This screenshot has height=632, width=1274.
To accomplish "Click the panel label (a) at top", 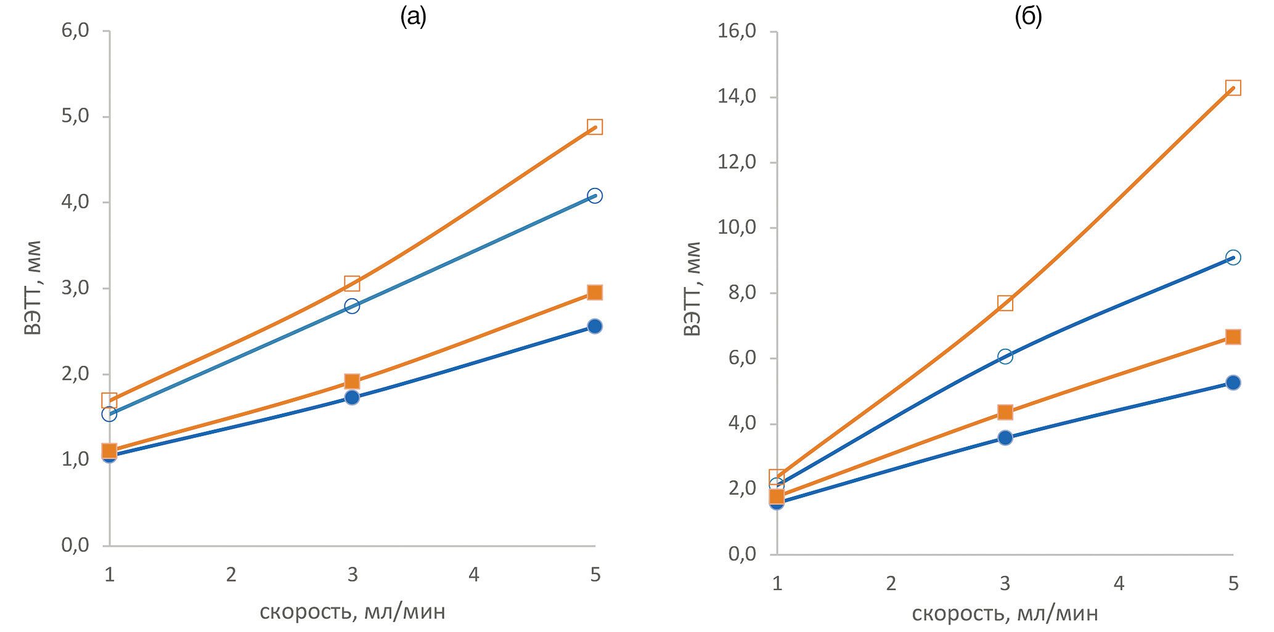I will [413, 17].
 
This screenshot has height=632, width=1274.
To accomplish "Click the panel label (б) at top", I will [1028, 17].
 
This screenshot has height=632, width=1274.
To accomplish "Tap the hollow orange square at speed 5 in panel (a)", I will [594, 127].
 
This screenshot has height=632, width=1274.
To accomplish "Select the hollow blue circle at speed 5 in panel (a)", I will [594, 196].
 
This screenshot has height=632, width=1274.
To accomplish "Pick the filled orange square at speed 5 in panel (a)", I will [594, 292].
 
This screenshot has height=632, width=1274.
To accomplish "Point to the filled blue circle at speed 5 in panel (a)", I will [594, 326].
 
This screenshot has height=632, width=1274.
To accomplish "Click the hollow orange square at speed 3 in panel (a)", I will [352, 283].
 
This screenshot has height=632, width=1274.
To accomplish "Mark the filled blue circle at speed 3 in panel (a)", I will [352, 397].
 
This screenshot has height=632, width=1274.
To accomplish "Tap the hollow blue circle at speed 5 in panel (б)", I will [1233, 257].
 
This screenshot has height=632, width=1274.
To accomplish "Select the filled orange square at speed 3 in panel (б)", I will [1005, 411].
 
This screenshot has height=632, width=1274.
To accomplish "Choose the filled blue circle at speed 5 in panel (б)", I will [1233, 383].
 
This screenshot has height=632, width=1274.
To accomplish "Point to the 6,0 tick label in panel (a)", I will [75, 30].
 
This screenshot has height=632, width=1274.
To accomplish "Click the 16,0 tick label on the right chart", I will [737, 31].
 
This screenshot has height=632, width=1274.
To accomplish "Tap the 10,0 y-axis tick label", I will [737, 227].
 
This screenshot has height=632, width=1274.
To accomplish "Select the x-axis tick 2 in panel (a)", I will [231, 575].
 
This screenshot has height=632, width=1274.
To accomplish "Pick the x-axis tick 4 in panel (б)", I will [1119, 583].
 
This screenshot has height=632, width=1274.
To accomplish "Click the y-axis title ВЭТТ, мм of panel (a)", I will [33, 287].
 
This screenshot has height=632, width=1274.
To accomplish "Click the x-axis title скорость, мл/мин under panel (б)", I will [1005, 614].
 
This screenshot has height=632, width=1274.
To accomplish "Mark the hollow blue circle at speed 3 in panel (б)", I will [1005, 356].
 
